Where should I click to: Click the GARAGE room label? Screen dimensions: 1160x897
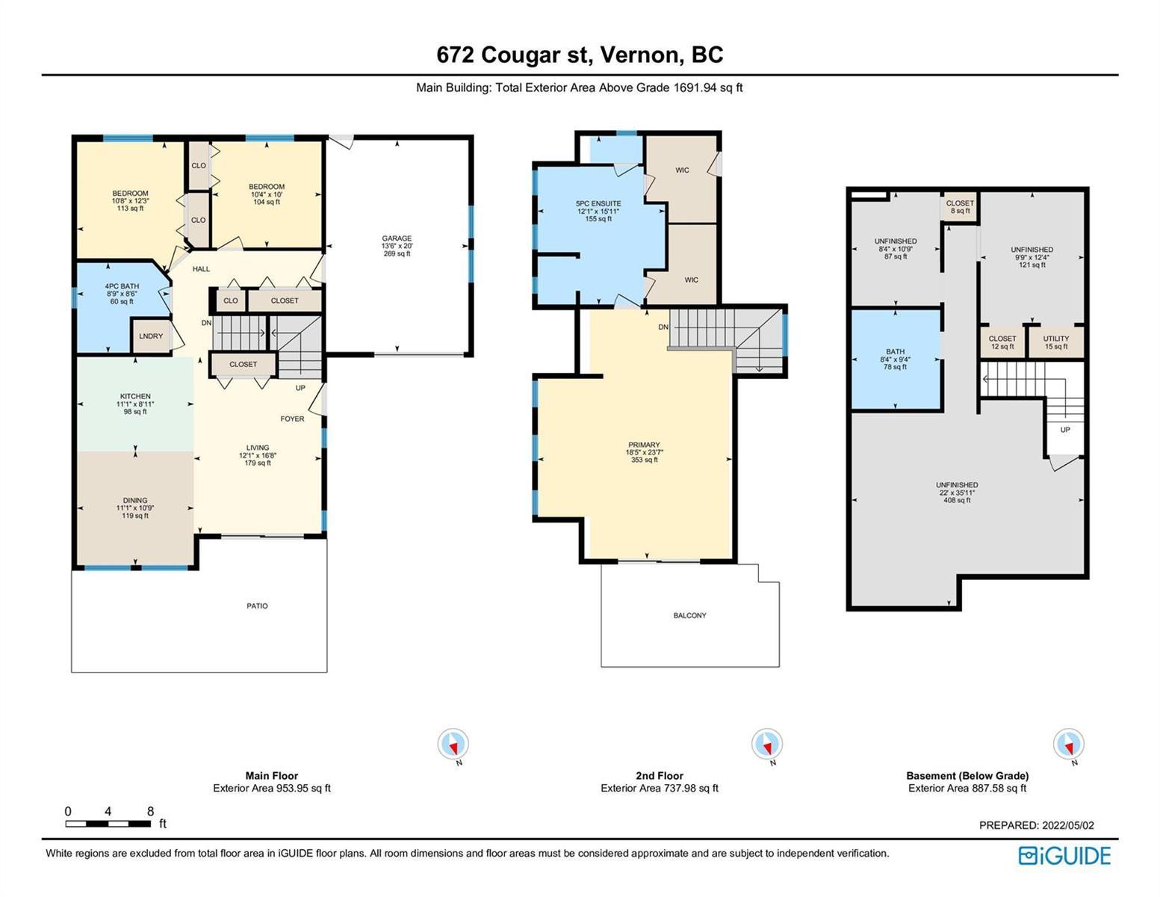[x=397, y=238]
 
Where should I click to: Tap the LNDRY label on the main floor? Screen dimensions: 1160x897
[x=151, y=336]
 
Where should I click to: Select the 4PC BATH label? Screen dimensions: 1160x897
[x=122, y=286]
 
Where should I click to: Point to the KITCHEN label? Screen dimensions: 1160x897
[x=135, y=396]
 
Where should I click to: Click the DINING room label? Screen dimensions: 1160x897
[x=135, y=501]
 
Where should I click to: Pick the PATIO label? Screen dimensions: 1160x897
[x=257, y=605]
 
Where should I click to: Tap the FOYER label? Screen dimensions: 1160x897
[x=293, y=419]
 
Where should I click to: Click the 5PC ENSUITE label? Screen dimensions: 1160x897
[x=598, y=203]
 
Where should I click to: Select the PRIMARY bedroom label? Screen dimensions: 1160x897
[x=645, y=445]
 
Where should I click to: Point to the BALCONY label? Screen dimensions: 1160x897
[x=689, y=615]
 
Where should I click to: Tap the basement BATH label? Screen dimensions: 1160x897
[x=896, y=351]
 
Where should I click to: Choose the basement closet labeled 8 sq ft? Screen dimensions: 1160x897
[x=960, y=207]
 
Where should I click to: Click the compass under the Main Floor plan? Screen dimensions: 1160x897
[x=453, y=744]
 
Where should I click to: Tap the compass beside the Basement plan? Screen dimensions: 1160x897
[x=1069, y=744]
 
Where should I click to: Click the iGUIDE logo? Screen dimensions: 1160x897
[x=1064, y=856]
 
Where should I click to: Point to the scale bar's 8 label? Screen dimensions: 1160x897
[x=151, y=812]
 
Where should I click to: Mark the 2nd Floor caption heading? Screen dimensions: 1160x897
[x=660, y=776]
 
